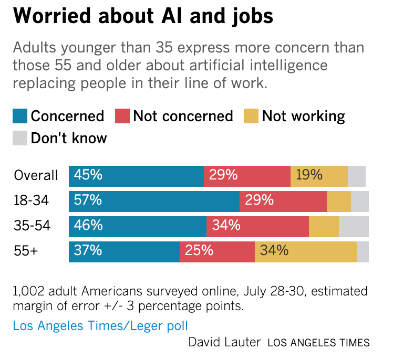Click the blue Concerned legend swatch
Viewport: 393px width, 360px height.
19,116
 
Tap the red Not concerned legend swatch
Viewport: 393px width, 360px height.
122,116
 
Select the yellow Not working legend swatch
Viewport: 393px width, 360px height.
251,116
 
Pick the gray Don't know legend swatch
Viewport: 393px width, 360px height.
19,138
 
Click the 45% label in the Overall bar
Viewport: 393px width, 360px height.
88,175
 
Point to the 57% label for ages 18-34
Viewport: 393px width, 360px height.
88,200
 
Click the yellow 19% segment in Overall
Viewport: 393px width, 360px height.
319,175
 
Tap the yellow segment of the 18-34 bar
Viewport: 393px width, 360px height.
338,200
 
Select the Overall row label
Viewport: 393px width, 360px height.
36,175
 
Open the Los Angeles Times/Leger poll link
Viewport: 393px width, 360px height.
100,326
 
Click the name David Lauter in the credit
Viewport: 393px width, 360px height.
224,343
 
